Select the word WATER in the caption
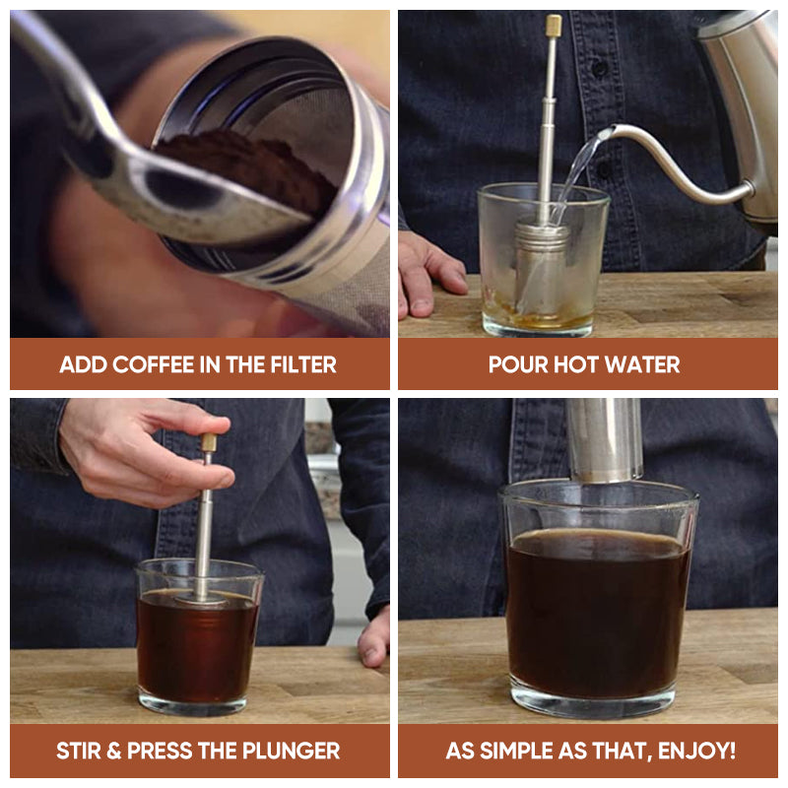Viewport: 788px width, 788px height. (641, 364)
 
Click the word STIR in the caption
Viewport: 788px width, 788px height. (79, 752)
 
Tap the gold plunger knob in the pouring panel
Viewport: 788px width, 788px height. (554, 26)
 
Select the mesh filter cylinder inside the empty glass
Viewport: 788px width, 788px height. (542, 271)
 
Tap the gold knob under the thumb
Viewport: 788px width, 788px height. (209, 442)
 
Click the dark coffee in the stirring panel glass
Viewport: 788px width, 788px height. (197, 650)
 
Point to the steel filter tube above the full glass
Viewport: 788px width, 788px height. (604, 438)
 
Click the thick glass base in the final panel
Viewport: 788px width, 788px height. (592, 701)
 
